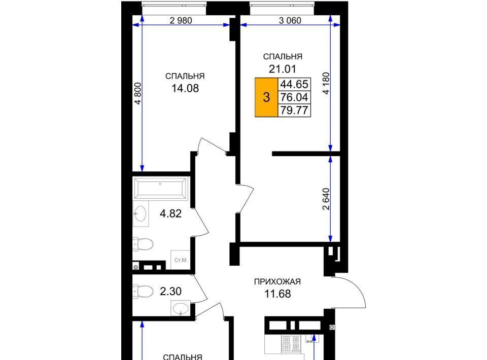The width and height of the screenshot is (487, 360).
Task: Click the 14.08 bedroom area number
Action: pyautogui.click(x=185, y=88)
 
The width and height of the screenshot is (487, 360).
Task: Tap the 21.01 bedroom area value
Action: pyautogui.click(x=283, y=68)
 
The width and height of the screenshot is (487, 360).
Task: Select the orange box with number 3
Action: pyautogui.click(x=266, y=97)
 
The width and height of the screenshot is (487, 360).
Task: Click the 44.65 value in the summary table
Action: pyautogui.click(x=294, y=84)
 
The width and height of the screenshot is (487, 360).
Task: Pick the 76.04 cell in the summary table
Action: pyautogui.click(x=294, y=97)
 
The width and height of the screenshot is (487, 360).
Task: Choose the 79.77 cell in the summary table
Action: pyautogui.click(x=294, y=110)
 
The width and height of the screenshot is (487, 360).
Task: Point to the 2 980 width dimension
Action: pyautogui.click(x=181, y=20)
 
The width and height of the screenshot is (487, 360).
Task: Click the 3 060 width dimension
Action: pyautogui.click(x=290, y=20)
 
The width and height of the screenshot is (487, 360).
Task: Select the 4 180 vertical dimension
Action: pyautogui.click(x=326, y=83)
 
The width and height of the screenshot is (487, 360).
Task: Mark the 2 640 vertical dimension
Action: pyautogui.click(x=326, y=199)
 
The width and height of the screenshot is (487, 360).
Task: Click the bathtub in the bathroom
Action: pyautogui.click(x=161, y=188)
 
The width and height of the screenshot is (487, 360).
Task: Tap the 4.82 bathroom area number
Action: pyautogui.click(x=170, y=213)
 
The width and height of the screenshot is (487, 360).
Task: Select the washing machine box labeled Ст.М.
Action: pyautogui.click(x=181, y=260)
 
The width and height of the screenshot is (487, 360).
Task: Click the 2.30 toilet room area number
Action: pyautogui.click(x=170, y=292)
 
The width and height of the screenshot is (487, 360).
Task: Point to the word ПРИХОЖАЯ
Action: pyautogui.click(x=277, y=282)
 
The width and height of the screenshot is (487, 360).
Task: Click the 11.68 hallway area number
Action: pyautogui.click(x=277, y=294)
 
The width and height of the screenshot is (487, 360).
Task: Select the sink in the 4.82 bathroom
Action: pyautogui.click(x=141, y=213)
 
